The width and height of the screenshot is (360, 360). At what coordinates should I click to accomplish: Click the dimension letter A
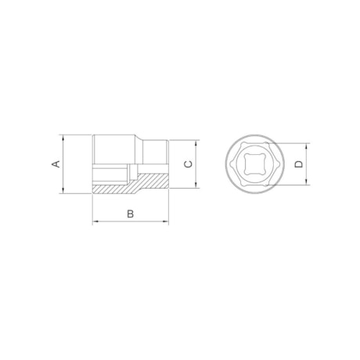[x=55, y=164]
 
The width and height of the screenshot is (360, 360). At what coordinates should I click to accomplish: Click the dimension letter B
[x=131, y=213]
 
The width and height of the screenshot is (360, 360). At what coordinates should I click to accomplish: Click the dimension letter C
[x=186, y=164]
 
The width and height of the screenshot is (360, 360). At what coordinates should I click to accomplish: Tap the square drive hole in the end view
[x=252, y=165]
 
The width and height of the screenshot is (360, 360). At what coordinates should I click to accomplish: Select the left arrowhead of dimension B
[x=95, y=222]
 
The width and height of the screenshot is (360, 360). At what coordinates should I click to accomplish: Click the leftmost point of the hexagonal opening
[x=230, y=165]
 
